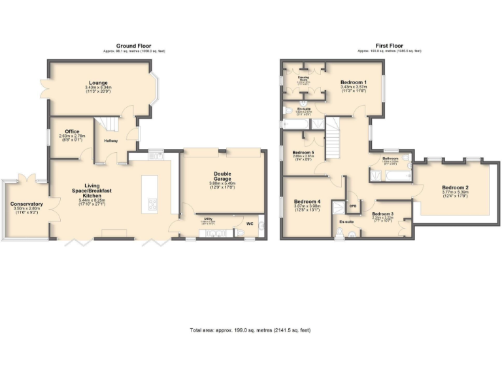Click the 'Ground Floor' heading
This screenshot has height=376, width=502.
point(131,46)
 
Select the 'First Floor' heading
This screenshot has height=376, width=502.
point(389,46)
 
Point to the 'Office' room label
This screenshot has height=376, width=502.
point(72,131)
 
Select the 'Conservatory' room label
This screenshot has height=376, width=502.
point(26,204)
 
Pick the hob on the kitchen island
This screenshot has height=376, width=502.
point(154,204)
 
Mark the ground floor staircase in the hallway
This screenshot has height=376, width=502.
point(105,124)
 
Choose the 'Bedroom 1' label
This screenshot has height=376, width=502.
point(354,82)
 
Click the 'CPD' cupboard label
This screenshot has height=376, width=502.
point(353,206)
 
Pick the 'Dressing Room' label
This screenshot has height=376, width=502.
point(304,77)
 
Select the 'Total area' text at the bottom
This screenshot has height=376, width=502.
point(250,330)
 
